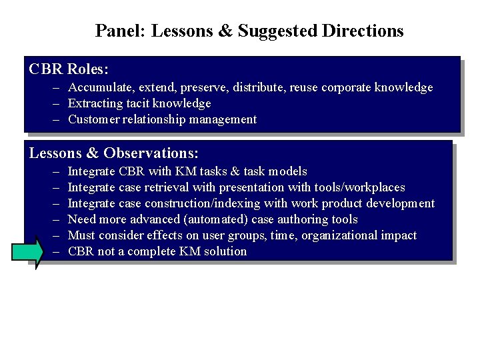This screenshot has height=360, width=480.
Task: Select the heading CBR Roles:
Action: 69,69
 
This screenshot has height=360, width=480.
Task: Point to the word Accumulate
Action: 98,87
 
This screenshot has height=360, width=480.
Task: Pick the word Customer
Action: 93,119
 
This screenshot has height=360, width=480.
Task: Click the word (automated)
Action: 216,219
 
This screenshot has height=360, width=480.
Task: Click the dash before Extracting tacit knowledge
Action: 57,103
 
